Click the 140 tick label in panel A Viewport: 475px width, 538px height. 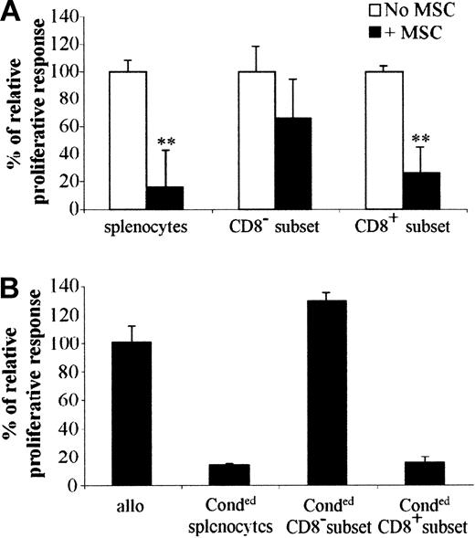[61, 16]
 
